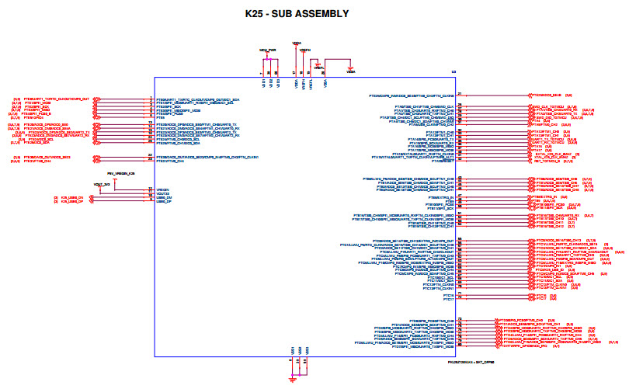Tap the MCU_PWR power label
(268, 49)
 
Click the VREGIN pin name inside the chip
(163, 189)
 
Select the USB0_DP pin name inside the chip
(164, 202)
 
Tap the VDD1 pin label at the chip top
(263, 82)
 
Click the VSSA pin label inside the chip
(325, 82)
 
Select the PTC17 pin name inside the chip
(448, 300)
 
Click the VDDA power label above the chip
(296, 43)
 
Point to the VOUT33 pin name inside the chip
(163, 193)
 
